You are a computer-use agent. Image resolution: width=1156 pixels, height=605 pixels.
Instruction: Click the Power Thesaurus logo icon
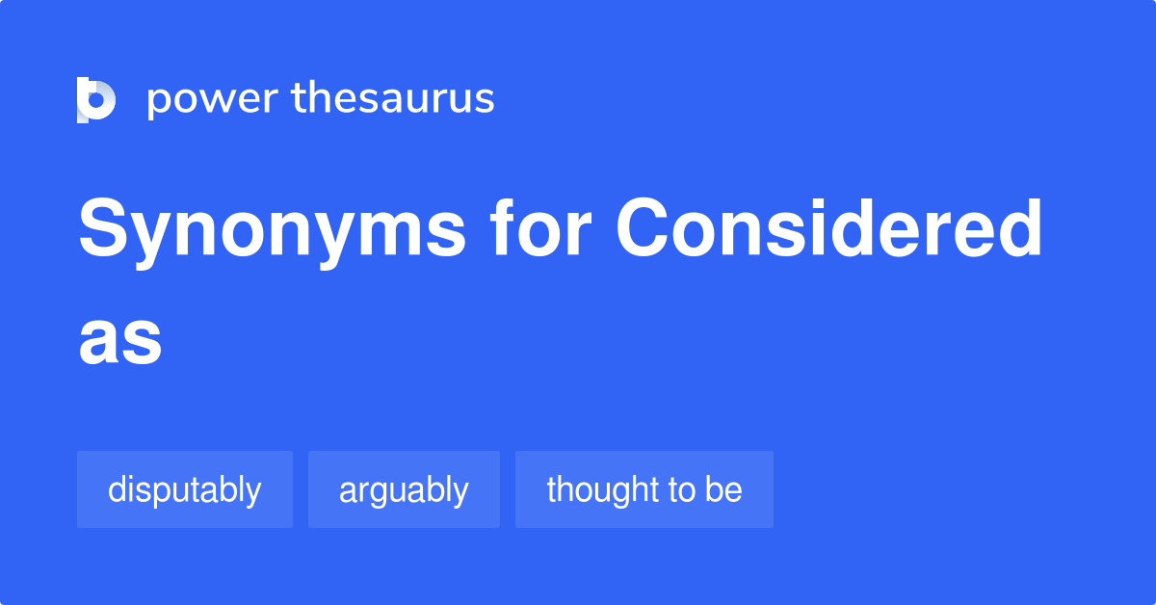95,99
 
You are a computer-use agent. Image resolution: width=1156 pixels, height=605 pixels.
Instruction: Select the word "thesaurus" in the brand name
393,98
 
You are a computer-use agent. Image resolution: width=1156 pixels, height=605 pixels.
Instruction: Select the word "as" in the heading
119,339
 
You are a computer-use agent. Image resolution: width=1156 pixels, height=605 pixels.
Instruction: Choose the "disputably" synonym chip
184,489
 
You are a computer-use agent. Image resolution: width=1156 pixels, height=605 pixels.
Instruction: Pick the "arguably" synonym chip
404,489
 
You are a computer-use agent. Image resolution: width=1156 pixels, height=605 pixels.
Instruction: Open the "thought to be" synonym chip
644,489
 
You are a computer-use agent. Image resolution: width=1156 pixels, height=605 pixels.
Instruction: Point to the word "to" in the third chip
681,489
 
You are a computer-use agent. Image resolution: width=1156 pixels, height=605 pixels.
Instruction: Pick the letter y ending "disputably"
253,493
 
